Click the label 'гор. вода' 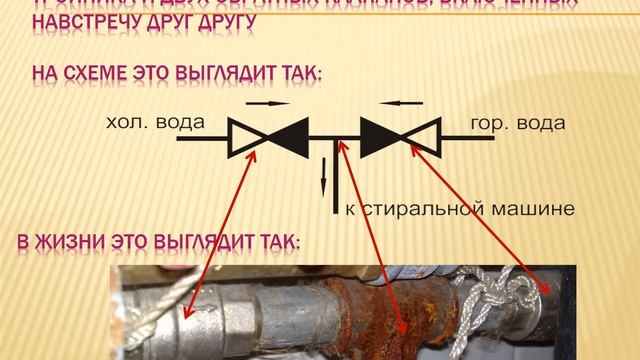tap(518, 126)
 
